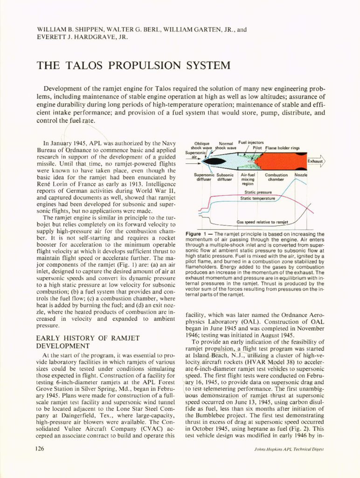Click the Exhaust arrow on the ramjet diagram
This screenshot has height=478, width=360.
pos(315,162)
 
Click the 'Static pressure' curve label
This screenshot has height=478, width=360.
pos(258,192)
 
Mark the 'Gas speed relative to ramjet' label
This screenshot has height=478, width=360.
pos(263,222)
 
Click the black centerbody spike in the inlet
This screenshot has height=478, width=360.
pos(215,162)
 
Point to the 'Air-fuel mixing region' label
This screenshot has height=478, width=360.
pos(248,179)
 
